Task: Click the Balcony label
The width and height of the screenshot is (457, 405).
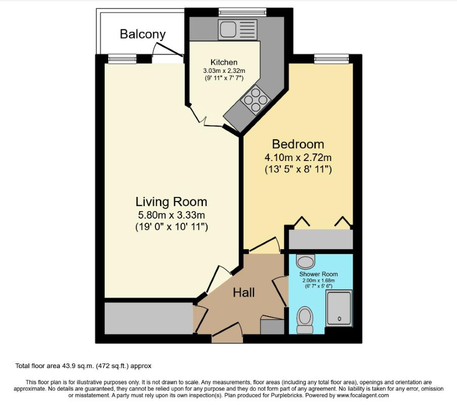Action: click(143, 34)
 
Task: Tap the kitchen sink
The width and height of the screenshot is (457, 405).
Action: click(237, 29)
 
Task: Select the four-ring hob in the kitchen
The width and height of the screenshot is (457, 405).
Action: click(256, 99)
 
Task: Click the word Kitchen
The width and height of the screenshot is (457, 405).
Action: click(224, 62)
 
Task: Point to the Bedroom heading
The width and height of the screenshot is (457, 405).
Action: click(298, 144)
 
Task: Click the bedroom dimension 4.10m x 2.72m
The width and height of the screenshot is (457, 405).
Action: click(298, 157)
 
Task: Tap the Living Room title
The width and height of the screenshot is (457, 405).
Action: click(172, 202)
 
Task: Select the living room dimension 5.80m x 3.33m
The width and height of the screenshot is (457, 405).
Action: click(172, 215)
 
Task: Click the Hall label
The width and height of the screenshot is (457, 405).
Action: click(243, 293)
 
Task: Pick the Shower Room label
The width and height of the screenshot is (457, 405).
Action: click(318, 274)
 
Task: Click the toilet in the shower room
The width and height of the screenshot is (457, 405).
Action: click(305, 320)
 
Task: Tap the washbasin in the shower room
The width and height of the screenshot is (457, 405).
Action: click(306, 260)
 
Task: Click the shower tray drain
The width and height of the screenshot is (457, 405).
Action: click(339, 319)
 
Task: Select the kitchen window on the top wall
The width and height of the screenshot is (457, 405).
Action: click(242, 12)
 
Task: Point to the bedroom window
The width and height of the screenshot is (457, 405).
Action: click(331, 59)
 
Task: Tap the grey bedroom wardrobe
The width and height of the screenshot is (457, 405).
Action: click(320, 239)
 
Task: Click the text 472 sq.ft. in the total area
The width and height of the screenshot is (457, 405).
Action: click(112, 366)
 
